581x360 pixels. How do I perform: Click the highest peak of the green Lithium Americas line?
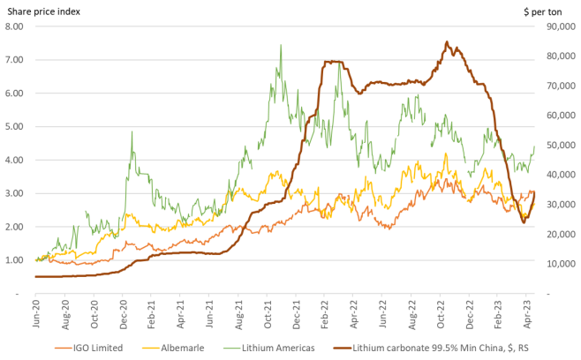(x=281, y=45)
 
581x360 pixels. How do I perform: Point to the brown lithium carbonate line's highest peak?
(x=447, y=41)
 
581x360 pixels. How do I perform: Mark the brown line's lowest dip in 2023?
(x=524, y=222)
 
